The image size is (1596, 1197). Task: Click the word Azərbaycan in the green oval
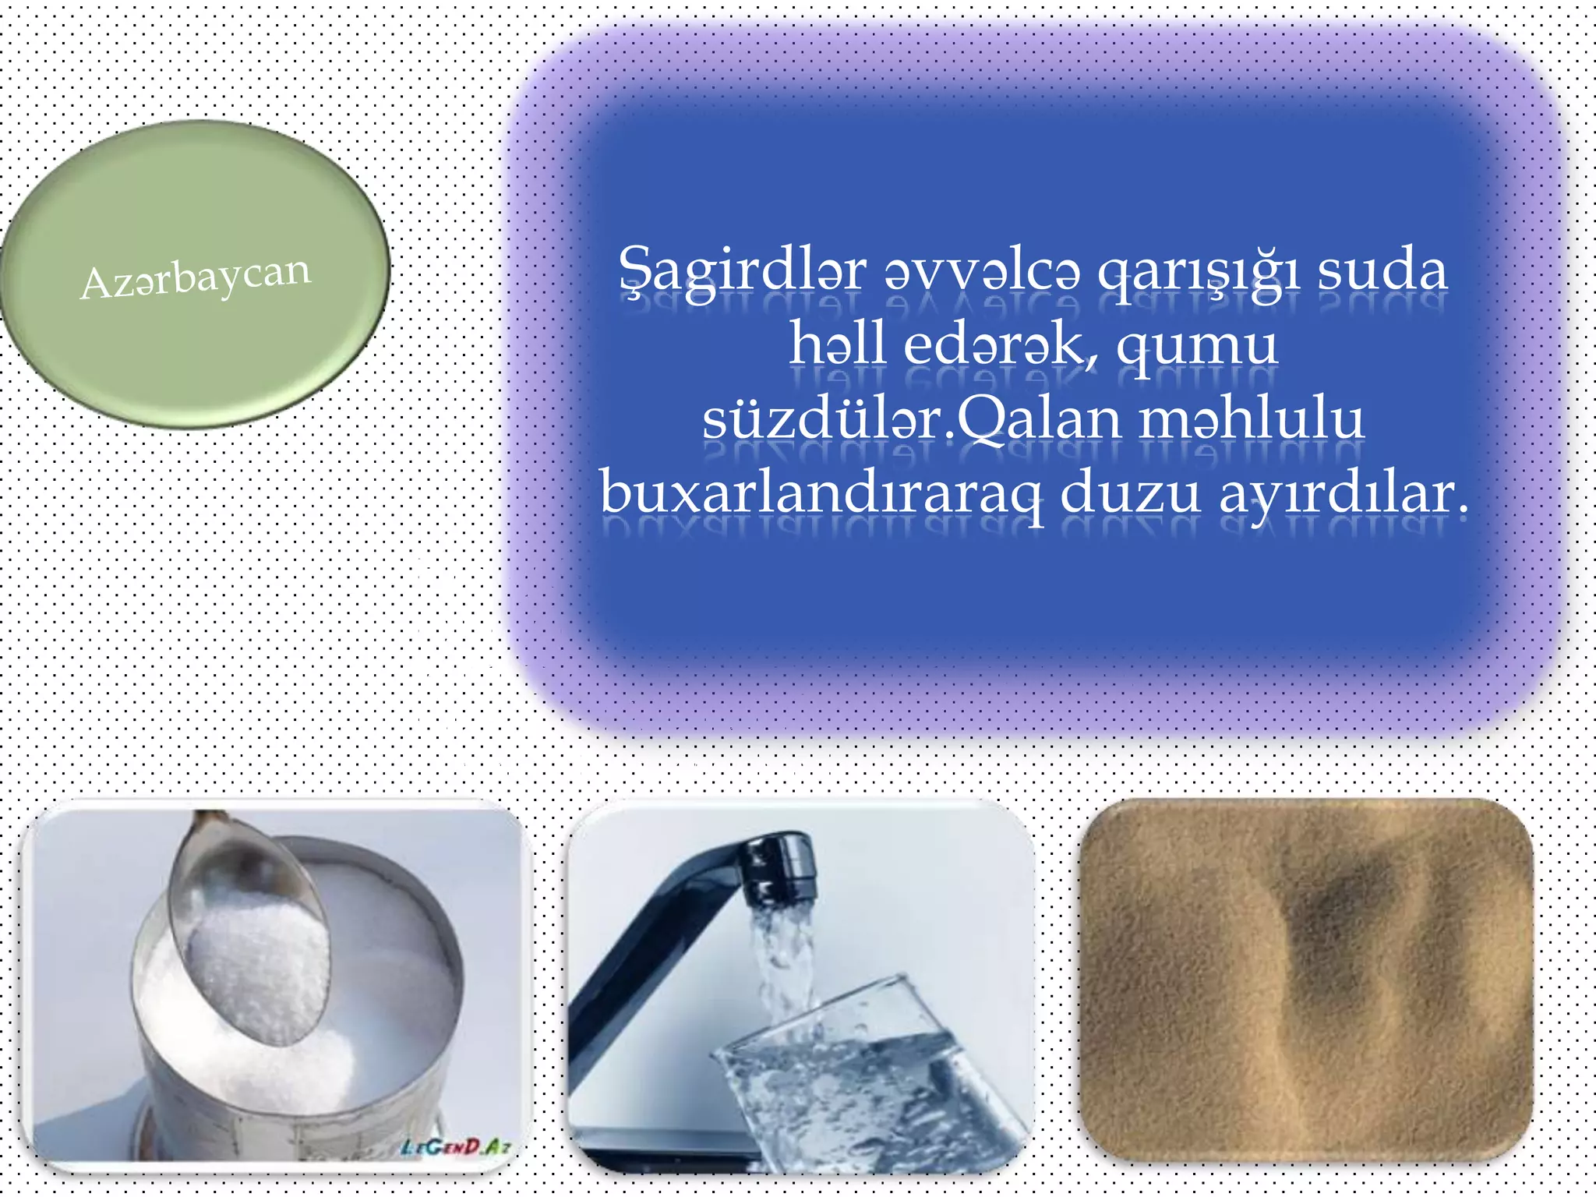point(196,277)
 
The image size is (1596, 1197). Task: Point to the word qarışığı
point(1198,270)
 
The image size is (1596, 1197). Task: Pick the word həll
point(837,344)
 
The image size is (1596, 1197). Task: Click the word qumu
point(1197,344)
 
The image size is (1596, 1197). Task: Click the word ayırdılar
point(1343,493)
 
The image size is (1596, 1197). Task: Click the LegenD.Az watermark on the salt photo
point(456,1146)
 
